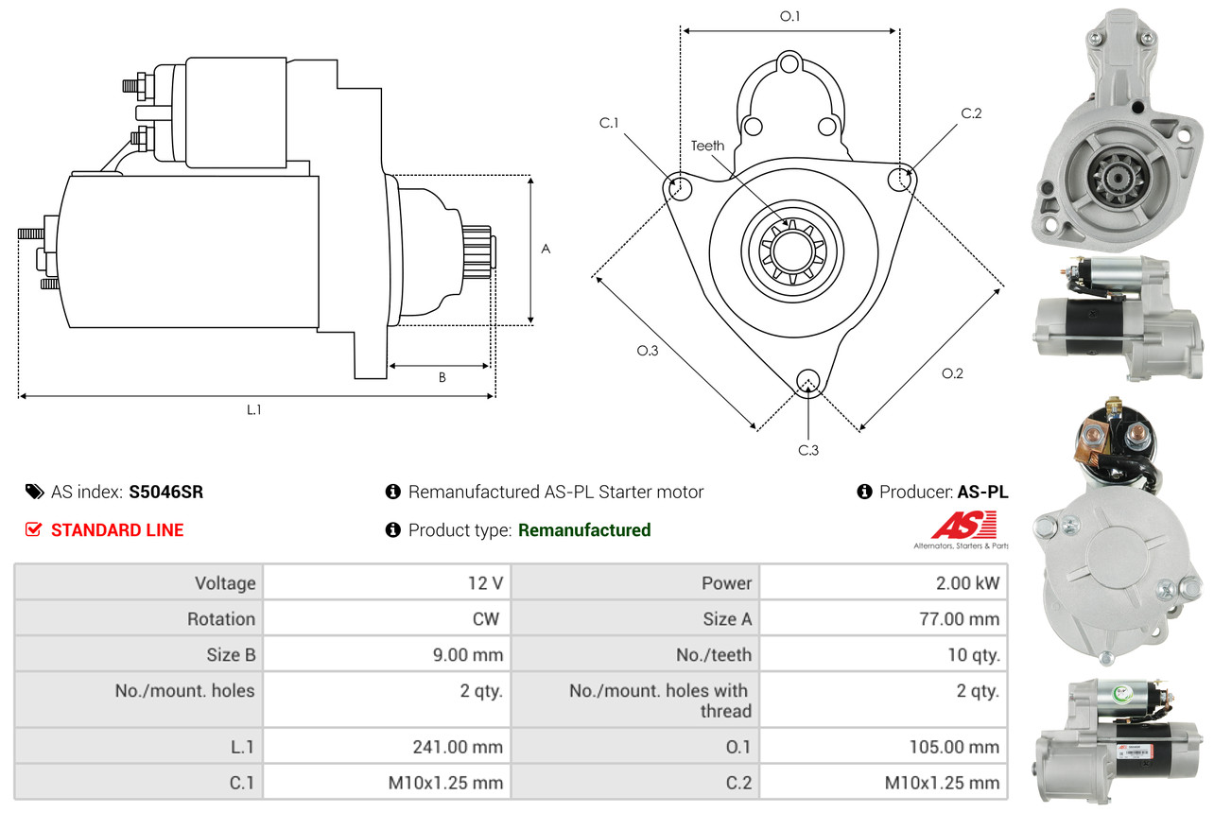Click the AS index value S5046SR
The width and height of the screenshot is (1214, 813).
click(165, 492)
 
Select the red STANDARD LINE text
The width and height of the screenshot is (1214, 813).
click(117, 529)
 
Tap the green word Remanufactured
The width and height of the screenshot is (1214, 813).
click(584, 529)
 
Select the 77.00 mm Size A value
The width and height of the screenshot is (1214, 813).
click(960, 618)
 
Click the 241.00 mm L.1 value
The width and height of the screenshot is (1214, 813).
click(458, 747)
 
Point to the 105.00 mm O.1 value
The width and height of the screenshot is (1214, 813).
click(954, 747)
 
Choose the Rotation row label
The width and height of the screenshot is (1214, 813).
click(221, 618)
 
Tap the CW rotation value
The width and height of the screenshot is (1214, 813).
click(486, 618)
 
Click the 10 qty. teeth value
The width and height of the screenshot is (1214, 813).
click(974, 655)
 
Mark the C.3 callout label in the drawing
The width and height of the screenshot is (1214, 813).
click(808, 450)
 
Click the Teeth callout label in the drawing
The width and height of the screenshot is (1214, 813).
click(707, 146)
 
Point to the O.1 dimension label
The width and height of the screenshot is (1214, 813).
click(789, 16)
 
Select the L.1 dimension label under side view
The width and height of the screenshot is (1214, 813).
click(253, 409)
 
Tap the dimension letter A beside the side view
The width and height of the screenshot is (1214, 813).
click(546, 249)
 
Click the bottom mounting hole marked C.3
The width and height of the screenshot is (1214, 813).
click(808, 381)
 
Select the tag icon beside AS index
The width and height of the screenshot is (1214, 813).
click(35, 492)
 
